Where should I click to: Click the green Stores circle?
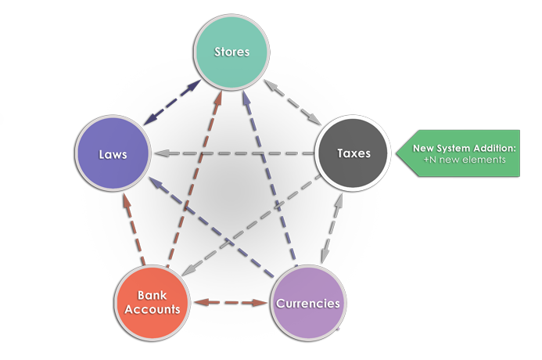(x=232, y=52)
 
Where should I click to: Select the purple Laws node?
(x=113, y=154)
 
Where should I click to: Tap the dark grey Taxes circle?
(x=354, y=153)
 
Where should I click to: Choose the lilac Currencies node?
(x=308, y=302)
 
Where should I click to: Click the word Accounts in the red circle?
(x=153, y=309)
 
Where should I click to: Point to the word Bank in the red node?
(x=153, y=296)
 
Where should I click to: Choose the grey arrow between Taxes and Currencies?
(x=330, y=227)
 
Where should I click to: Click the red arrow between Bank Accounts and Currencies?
(x=231, y=302)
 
